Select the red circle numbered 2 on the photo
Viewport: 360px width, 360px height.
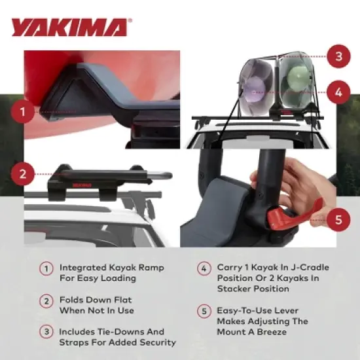pos(23,174)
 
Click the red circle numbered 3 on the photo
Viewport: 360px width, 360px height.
pos(338,56)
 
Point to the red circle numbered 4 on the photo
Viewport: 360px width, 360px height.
pos(338,92)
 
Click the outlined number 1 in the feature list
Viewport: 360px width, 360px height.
pos(46,268)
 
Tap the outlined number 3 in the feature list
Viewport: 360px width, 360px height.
pos(46,332)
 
